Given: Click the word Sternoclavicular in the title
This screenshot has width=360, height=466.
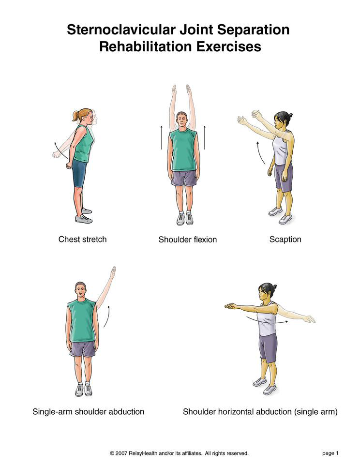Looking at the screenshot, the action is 121,30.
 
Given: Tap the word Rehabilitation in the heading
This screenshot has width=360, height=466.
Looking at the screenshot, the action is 146,46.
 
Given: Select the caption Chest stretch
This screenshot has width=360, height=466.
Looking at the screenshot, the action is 82,239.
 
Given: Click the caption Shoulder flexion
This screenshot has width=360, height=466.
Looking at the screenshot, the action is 188,240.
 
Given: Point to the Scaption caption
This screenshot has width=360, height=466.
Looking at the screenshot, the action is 285,240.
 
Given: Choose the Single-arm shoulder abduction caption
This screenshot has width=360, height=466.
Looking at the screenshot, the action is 88,412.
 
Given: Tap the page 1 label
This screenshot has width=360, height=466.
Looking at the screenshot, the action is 330,453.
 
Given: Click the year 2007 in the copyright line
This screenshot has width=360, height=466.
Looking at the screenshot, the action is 121,453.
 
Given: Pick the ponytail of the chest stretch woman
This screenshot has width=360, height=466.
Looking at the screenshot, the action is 75,116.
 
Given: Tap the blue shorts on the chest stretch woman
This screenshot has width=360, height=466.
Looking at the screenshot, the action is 79,173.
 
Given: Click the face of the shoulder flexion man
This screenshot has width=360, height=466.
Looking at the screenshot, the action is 181,120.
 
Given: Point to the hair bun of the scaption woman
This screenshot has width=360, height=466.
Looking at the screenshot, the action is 290,115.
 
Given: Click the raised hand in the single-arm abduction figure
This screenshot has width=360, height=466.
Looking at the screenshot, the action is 113,272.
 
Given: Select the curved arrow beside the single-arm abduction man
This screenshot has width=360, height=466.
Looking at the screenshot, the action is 107,316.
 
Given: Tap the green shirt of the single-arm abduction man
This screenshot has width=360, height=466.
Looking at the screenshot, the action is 82,321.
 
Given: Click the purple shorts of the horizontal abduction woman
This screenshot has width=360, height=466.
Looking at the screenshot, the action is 268,348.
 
